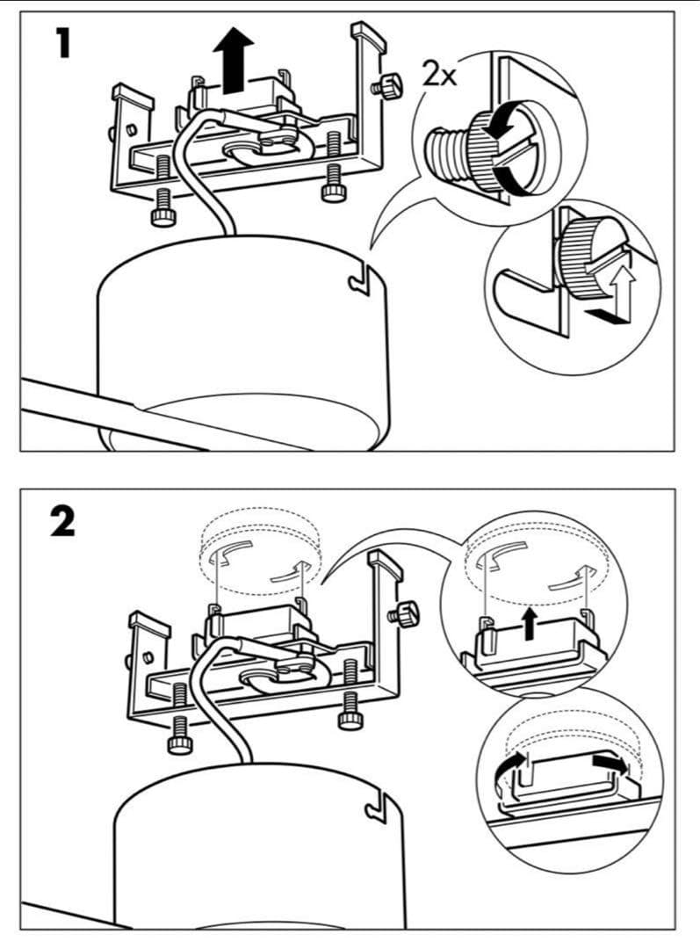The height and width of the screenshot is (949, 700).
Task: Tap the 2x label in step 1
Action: pyautogui.click(x=439, y=75)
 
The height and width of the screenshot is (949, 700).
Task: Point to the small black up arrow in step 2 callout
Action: pyautogui.click(x=528, y=623)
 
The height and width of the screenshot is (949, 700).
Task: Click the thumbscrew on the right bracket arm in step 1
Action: pyautogui.click(x=387, y=87)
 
